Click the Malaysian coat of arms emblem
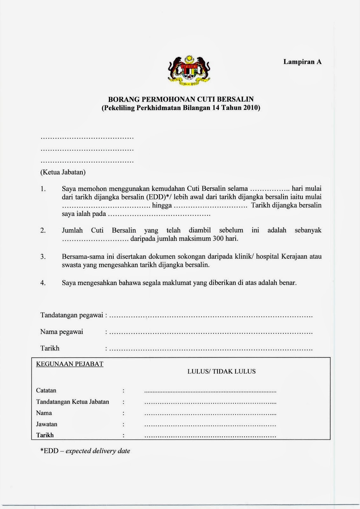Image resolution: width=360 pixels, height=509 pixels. (x=189, y=71)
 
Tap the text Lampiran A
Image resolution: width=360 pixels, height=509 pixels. (x=302, y=62)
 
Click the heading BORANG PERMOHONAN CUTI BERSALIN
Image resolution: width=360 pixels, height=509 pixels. (x=181, y=100)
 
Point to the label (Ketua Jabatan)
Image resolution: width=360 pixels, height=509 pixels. (x=63, y=172)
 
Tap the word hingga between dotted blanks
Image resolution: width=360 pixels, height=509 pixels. (x=162, y=206)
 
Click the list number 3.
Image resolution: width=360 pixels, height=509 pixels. (x=43, y=256)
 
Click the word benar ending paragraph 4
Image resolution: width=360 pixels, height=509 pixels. (x=288, y=282)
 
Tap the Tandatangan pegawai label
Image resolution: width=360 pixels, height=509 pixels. (x=72, y=315)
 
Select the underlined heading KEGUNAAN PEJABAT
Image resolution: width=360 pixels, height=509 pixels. (x=70, y=364)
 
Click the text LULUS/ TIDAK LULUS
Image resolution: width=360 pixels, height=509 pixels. (x=221, y=371)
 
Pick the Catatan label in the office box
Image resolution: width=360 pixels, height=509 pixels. (x=46, y=390)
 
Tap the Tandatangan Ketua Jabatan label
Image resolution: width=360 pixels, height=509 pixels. (x=73, y=402)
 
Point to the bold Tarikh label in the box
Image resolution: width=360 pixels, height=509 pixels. (x=45, y=435)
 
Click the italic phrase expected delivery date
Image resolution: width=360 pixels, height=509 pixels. (x=98, y=451)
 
